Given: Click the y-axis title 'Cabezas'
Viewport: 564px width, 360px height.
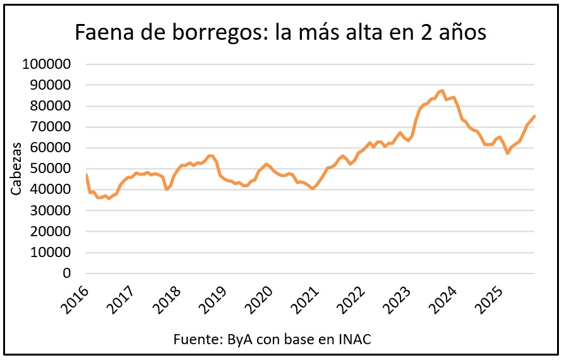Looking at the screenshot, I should coord(16,169).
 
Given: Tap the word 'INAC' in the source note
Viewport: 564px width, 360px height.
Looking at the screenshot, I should coord(354,339).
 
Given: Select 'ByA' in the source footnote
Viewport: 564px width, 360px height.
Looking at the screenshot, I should coord(232,339).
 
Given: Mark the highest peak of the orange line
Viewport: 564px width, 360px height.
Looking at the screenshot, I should coord(442,91).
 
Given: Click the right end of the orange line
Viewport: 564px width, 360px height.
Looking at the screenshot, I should coord(535,116).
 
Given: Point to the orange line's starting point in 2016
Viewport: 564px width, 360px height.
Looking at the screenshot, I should coord(87,175).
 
